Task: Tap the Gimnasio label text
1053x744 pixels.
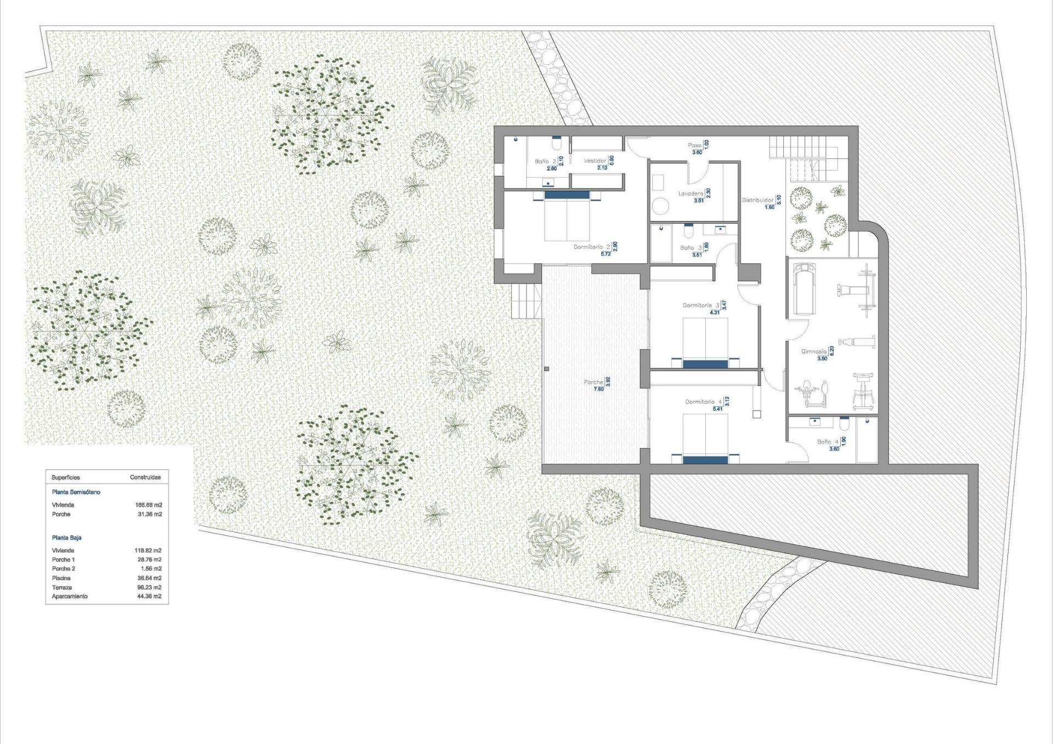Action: click(814, 351)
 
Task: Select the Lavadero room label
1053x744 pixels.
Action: click(690, 194)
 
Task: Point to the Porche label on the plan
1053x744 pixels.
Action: click(593, 382)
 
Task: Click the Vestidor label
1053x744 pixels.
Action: click(595, 161)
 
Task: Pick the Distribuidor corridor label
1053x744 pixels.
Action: click(757, 200)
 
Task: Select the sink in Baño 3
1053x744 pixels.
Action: click(720, 229)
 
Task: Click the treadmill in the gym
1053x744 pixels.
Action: click(805, 289)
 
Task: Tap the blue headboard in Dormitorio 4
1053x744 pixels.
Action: click(705, 459)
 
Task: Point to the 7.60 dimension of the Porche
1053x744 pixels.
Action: click(598, 389)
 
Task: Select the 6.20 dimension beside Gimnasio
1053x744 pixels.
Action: click(831, 351)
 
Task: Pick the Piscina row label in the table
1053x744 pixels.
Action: click(61, 578)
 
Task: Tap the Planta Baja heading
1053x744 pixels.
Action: click(67, 538)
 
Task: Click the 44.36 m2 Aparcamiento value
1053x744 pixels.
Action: click(149, 597)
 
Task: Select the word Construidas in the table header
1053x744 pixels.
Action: click(145, 478)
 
